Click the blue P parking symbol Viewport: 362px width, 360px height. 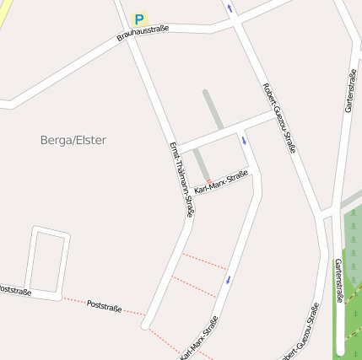(139, 19)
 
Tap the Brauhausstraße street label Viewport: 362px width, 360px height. (143, 33)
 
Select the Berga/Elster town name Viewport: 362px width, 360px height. (73, 140)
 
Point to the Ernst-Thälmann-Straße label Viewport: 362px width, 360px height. (181, 179)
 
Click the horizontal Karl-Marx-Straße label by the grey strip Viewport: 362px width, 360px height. (220, 180)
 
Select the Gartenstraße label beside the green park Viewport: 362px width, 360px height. (338, 280)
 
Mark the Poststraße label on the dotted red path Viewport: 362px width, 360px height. (105, 304)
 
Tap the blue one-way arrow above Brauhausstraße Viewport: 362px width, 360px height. (229, 8)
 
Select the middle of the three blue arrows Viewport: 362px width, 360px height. (245, 140)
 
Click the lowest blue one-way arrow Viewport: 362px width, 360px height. (228, 279)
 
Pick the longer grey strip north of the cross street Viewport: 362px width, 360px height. (213, 110)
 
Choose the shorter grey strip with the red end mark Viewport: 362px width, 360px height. (202, 164)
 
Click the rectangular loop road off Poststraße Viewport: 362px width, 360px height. (47, 261)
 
